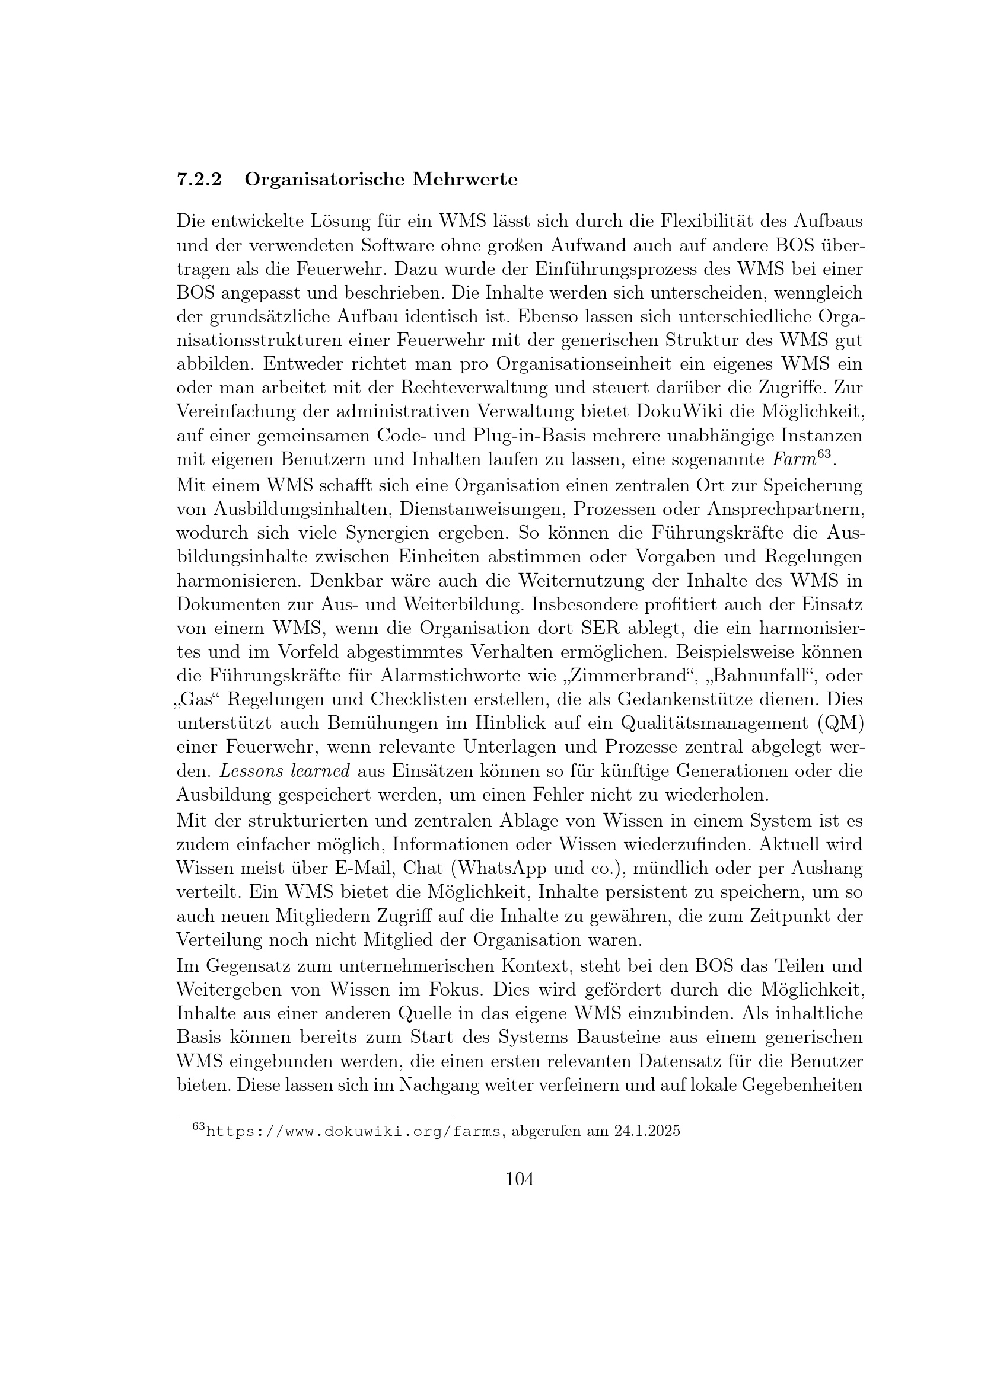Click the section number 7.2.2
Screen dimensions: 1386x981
[199, 180]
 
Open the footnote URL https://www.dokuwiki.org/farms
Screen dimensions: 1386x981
[354, 1131]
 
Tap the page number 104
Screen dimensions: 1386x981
[520, 1179]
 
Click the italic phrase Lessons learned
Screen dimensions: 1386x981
[285, 772]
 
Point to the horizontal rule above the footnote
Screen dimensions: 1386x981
[314, 1118]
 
